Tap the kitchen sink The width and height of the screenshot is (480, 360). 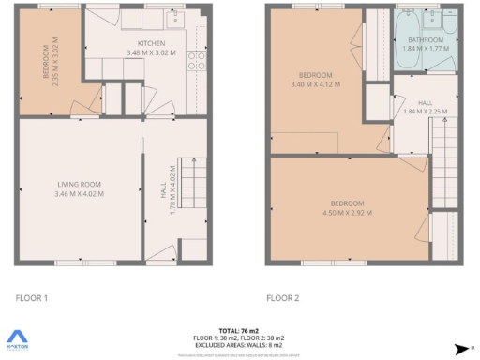point(176,19)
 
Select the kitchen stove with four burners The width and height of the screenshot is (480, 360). point(198,61)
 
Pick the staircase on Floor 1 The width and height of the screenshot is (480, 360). point(191,178)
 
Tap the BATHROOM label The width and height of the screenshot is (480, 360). point(427,40)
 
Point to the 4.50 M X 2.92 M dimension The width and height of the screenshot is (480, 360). point(346,213)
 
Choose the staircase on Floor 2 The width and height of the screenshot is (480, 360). point(445,169)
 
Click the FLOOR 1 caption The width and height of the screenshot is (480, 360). point(33,298)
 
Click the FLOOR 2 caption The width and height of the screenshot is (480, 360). point(282,298)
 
